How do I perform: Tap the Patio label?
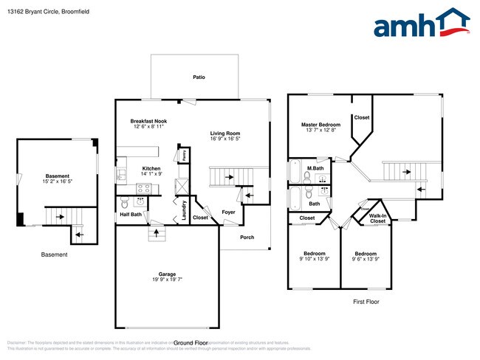point(199,77)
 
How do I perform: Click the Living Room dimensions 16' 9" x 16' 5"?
point(225,139)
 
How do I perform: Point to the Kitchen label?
point(151,169)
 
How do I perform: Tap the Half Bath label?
point(131,215)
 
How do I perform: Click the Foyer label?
point(229,212)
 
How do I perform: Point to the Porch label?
point(247,237)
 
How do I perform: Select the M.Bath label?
point(315,168)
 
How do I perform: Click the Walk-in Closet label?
point(377,218)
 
